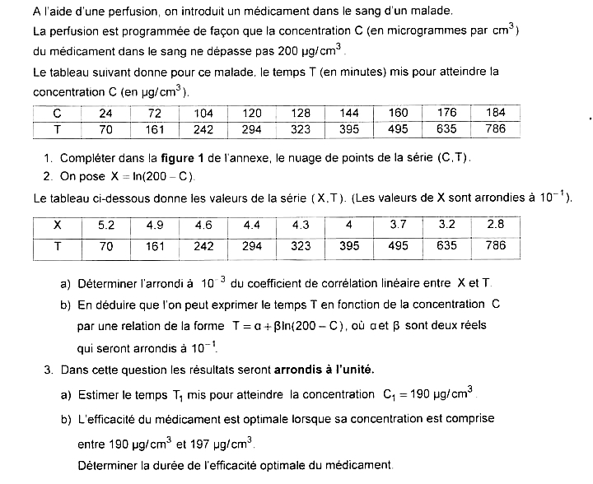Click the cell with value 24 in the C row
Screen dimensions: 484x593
pos(106,113)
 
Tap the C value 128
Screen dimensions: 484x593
pos(301,113)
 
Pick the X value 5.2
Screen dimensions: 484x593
pos(106,224)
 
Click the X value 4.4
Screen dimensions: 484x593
pos(252,224)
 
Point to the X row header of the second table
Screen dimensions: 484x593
pos(57,224)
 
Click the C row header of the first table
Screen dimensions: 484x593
pos(57,113)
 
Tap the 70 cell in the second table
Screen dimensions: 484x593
pos(106,245)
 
